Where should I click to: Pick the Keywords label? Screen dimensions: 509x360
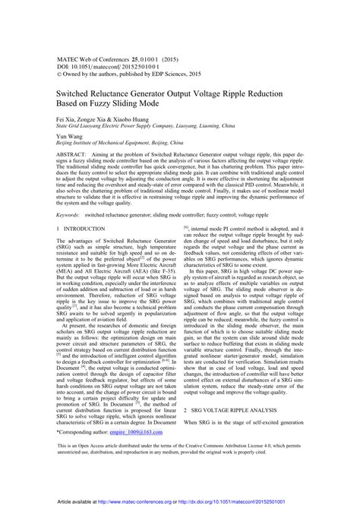point(69,216)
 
